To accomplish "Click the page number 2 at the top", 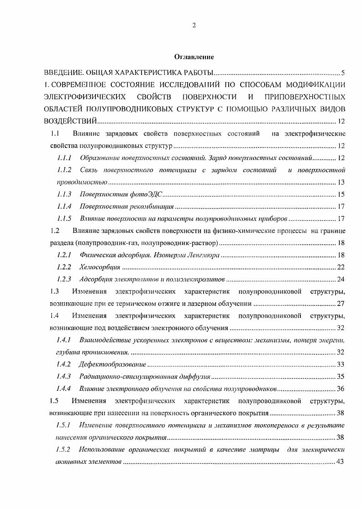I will click(194, 25).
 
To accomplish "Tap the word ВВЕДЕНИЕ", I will click(63, 73).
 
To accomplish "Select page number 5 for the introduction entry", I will click(342, 73).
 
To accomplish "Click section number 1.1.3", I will click(64, 195).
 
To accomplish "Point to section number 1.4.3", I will click(64, 377).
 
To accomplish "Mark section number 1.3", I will click(55, 291).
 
